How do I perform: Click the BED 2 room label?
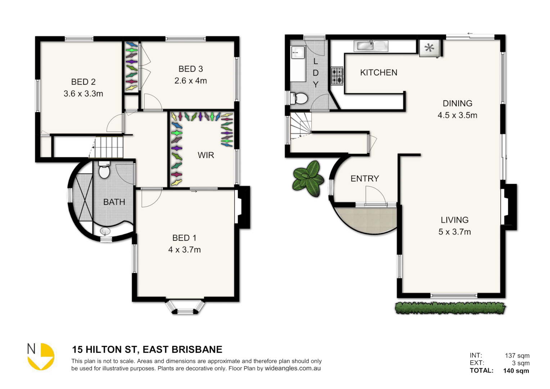[83, 82]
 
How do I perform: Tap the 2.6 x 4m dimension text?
[190, 81]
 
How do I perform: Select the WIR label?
[206, 155]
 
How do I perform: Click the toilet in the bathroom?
[104, 171]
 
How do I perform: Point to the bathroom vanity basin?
[105, 231]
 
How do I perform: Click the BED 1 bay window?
[185, 307]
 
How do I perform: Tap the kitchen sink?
[371, 46]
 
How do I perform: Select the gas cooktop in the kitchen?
[337, 76]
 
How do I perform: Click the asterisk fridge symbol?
[429, 48]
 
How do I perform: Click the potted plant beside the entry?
[308, 178]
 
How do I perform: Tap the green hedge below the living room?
[450, 308]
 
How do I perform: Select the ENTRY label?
[365, 179]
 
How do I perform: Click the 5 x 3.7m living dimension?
[454, 232]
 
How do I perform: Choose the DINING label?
[457, 103]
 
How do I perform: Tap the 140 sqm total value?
[516, 371]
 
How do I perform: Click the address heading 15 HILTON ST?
[147, 349]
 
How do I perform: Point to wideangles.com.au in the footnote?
[293, 368]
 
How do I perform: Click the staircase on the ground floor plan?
[301, 125]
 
